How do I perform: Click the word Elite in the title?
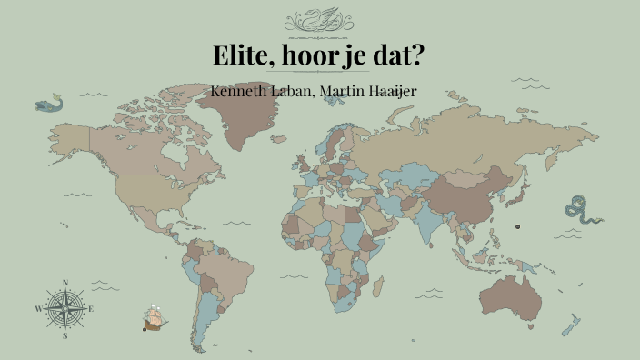tap(241, 55)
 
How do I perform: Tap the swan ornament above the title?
tap(320, 20)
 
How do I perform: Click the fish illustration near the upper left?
tap(50, 105)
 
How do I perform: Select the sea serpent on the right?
tap(579, 210)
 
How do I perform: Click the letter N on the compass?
tap(65, 283)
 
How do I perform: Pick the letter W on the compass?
tap(38, 308)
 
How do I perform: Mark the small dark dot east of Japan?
tap(517, 226)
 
